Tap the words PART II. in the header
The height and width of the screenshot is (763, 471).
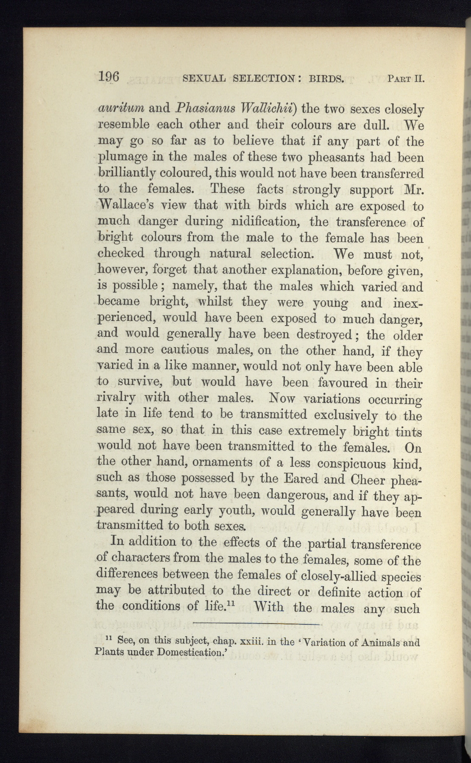[406, 78]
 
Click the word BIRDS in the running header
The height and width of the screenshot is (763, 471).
[326, 78]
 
